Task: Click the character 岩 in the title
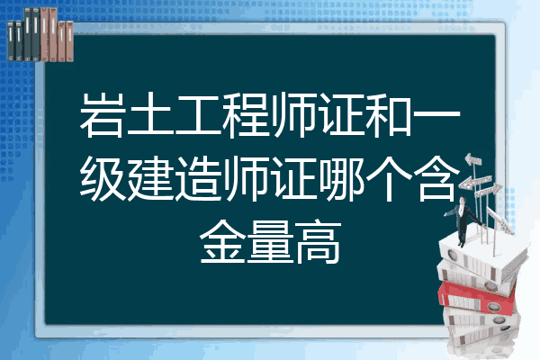coord(103,115)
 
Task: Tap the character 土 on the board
coord(149,115)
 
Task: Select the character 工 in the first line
coord(197,115)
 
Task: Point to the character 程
coord(245,115)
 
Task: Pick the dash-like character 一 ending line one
coord(436,115)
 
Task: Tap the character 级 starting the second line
coord(103,178)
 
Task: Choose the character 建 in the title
coord(149,178)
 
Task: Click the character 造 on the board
coord(197,178)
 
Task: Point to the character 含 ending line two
coord(436,178)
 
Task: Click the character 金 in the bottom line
coord(222,242)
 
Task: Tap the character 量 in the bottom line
coord(270,242)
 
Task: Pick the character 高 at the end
coord(318,242)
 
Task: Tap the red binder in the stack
coord(477,297)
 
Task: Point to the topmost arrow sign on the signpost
coord(472,160)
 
